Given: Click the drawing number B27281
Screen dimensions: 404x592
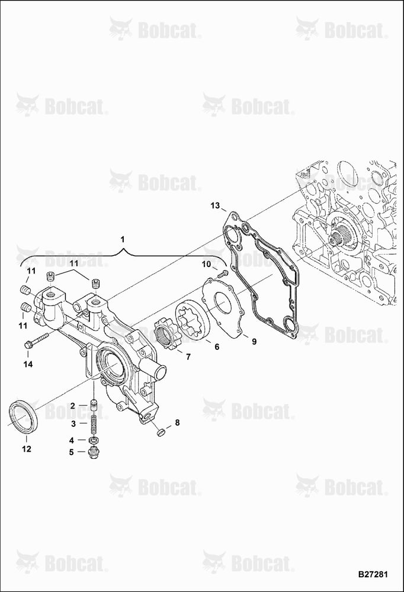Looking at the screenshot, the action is point(373,574).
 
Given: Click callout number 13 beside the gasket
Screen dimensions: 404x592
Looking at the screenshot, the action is point(215,206).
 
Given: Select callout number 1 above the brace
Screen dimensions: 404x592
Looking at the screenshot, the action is point(122,239).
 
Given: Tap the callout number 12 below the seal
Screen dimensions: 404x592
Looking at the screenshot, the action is point(27,449).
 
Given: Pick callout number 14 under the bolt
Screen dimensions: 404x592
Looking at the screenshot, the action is point(28,364).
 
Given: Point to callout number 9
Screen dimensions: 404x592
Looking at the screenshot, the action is point(254,342).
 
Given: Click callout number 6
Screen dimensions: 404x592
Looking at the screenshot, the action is point(217,346).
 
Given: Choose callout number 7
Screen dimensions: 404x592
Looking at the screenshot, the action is point(188,356).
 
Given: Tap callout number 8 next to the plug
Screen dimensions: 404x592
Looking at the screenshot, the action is point(177,423).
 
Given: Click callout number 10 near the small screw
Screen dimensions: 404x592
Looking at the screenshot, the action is point(206,264).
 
